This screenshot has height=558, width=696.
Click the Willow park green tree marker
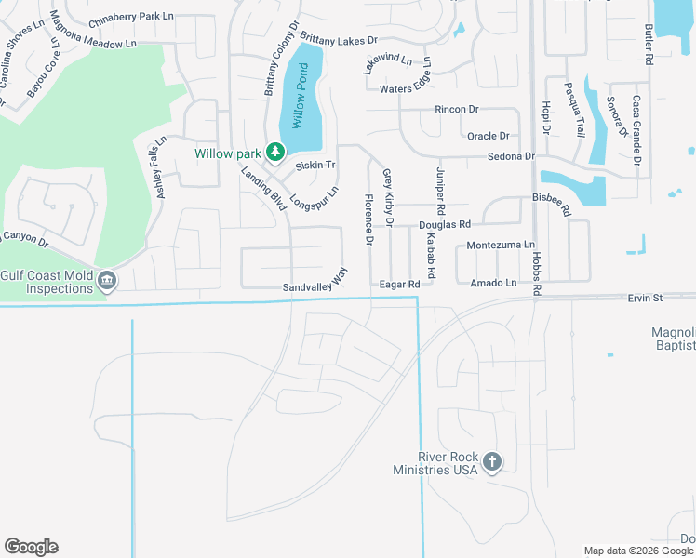coord(274,152)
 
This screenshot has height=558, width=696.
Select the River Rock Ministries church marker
coord(492,461)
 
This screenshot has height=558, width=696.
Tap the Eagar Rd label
coord(400,285)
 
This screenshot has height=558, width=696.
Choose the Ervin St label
coord(643,298)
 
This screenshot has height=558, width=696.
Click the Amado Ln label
coord(493,283)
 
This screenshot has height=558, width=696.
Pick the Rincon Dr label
coord(456,110)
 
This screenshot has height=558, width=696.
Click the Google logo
coord(31,547)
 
